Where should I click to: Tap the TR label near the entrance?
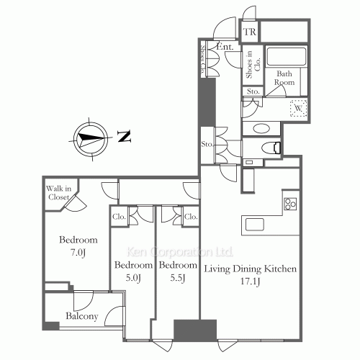(250, 32)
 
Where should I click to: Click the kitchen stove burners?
(291, 204)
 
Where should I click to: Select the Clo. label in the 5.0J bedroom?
(120, 215)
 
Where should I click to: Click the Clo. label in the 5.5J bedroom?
(190, 215)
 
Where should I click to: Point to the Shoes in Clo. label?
(249, 63)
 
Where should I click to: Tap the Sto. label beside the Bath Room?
(253, 91)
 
